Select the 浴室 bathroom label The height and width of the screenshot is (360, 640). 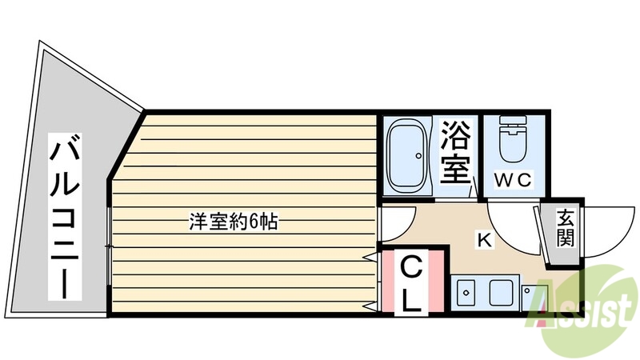[457, 154]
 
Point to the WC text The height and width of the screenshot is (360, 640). [512, 181]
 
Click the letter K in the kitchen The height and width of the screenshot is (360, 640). [483, 238]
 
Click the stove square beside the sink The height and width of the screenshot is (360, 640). [502, 293]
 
